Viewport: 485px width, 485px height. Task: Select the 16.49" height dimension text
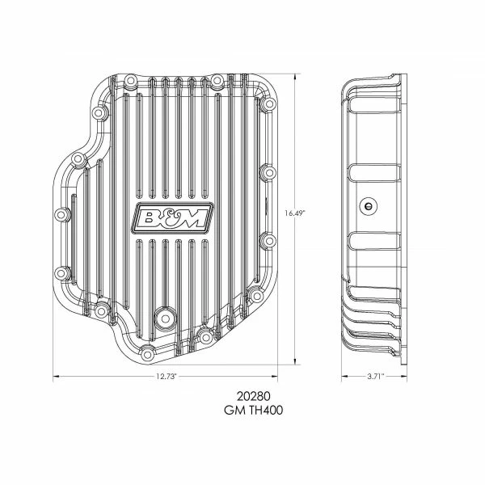296,213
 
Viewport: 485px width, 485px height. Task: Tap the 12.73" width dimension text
165,377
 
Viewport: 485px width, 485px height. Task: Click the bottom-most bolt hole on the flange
147,353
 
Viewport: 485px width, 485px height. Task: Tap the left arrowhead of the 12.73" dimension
56,377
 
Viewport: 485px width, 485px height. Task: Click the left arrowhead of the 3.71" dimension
344,377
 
